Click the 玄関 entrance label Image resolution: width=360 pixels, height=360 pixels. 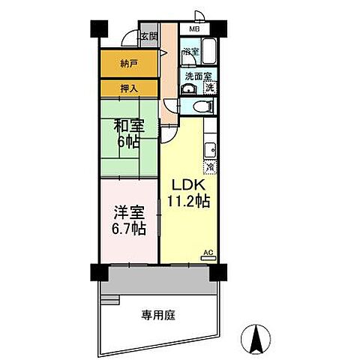(x=148, y=36)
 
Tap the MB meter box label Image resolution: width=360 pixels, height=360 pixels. (x=194, y=29)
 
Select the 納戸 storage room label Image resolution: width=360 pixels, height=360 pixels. (x=130, y=64)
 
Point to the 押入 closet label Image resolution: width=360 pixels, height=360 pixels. (x=130, y=88)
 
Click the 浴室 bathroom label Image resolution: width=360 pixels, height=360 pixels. (x=190, y=52)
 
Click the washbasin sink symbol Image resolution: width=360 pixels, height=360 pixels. (x=189, y=88)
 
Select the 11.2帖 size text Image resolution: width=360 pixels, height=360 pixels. (x=188, y=200)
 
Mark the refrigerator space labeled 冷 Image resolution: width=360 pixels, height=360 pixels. (x=211, y=167)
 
